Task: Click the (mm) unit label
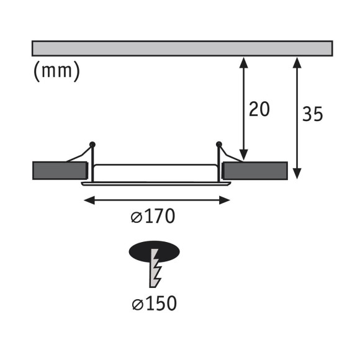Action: pos(56,71)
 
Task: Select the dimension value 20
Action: pos(259,109)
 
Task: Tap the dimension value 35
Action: pos(312,114)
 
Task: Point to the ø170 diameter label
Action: pos(153,216)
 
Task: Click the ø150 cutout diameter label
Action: pos(155,304)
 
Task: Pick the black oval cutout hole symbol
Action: pos(154,251)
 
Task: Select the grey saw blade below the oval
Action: pos(155,268)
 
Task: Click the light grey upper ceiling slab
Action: pos(182,48)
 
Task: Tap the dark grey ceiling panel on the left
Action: pos(60,171)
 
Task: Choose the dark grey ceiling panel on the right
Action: pos(255,171)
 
